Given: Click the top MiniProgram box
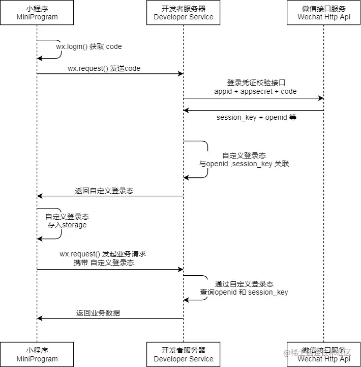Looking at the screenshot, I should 37,13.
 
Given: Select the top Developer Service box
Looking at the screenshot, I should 184,13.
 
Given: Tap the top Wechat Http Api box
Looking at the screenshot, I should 324,13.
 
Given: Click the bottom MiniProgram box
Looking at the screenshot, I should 37,354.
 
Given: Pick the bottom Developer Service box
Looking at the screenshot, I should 184,354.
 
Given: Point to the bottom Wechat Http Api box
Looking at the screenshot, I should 324,354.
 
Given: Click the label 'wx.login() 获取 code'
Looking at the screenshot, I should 89,46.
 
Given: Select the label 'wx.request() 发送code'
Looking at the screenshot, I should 104,68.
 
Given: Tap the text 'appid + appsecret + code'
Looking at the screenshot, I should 255,91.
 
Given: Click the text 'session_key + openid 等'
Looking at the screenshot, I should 256,117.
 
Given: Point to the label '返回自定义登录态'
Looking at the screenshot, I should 104,191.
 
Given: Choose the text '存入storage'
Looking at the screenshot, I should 67,225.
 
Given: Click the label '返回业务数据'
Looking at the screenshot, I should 98,313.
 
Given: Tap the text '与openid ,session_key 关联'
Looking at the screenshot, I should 244,164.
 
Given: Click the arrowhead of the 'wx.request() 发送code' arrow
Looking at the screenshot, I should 180,74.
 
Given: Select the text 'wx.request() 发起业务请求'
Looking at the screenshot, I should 103,254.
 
